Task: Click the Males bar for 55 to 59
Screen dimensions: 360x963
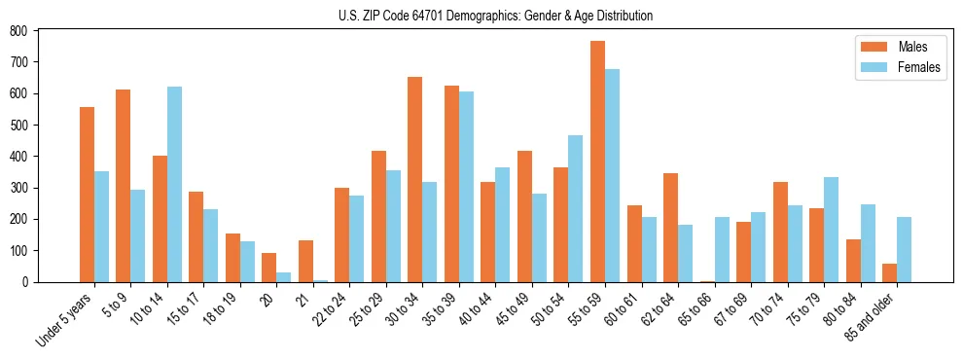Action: click(x=597, y=162)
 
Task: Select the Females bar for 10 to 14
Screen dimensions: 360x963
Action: click(x=174, y=184)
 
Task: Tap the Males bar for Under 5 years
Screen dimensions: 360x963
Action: click(x=87, y=195)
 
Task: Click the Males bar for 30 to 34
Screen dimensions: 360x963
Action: click(x=415, y=179)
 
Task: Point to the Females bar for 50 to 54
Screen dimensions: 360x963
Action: click(x=576, y=208)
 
